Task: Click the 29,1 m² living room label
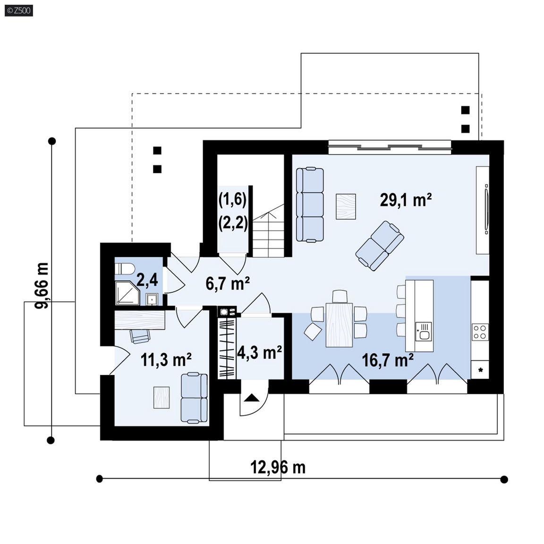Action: [x=406, y=200]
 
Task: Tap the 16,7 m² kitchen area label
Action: [x=388, y=360]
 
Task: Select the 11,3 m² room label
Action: [x=166, y=360]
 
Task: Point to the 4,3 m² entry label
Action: [x=259, y=353]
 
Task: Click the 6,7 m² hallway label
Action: [x=228, y=283]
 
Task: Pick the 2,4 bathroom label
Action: [x=147, y=280]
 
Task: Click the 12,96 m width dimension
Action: [x=278, y=467]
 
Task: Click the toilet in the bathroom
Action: [x=125, y=269]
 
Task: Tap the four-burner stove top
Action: [x=480, y=331]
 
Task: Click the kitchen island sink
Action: [x=424, y=331]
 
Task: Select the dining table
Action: [x=339, y=325]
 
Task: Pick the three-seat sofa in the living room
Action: [x=310, y=204]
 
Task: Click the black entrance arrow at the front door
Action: [x=252, y=398]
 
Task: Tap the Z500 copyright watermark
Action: [x=19, y=11]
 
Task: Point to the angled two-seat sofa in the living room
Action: [x=380, y=246]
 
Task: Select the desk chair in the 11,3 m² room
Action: [x=140, y=336]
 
